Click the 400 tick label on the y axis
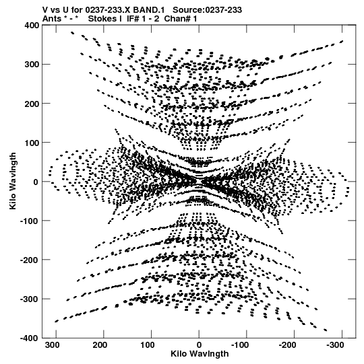point(32,25)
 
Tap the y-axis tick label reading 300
point(32,64)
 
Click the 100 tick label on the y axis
point(32,143)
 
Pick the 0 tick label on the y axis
point(36,182)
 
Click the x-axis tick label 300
point(52,345)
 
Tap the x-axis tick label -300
point(335,345)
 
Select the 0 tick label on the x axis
point(199,345)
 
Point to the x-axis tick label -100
point(240,345)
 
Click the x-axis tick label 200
point(100,345)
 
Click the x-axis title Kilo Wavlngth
point(200,354)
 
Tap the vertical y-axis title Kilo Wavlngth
point(13,181)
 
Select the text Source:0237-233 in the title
point(207,10)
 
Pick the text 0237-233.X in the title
point(108,10)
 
